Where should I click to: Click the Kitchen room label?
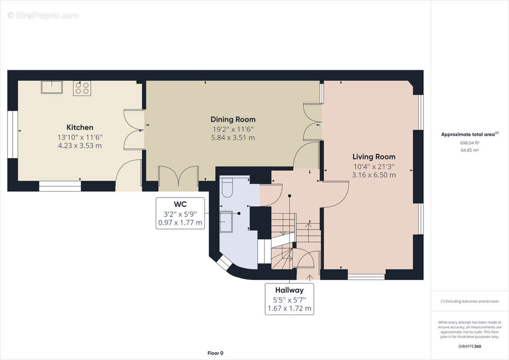click(x=80, y=127)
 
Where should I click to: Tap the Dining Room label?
click(x=233, y=120)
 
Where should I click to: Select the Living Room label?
click(x=374, y=157)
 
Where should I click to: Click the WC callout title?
click(x=180, y=204)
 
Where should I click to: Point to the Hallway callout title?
click(x=289, y=290)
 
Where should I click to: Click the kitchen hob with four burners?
click(x=82, y=88)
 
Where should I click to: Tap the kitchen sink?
click(x=52, y=87)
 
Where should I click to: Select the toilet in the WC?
click(x=226, y=188)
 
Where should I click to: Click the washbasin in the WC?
click(x=226, y=221)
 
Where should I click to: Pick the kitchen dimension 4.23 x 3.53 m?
click(x=80, y=145)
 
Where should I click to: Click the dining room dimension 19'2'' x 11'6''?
click(x=233, y=129)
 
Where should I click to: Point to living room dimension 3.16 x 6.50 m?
click(x=374, y=175)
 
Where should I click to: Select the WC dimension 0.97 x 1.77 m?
click(x=180, y=223)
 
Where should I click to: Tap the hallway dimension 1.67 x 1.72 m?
click(x=289, y=308)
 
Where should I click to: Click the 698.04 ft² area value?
click(x=470, y=143)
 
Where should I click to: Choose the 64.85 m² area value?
click(x=470, y=150)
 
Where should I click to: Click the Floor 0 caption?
click(x=215, y=353)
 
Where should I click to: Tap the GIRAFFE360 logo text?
click(x=470, y=346)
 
